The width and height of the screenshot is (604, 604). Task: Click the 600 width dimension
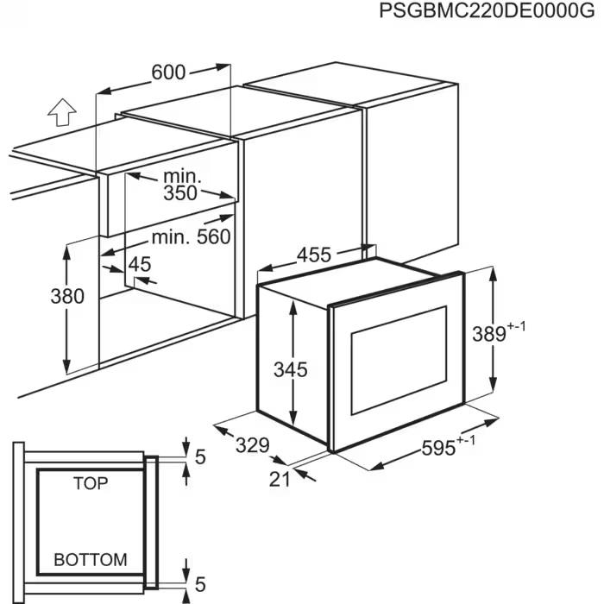point(167,72)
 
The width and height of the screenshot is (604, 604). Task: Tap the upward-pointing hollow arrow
point(60,113)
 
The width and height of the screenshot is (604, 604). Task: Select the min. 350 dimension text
point(181,185)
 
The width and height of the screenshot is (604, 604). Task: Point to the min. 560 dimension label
point(192,236)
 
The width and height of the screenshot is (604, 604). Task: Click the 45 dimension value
point(140,264)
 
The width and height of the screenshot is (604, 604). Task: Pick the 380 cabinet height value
point(66,296)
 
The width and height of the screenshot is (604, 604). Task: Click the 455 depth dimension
point(314,255)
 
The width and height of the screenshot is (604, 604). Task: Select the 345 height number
point(290,369)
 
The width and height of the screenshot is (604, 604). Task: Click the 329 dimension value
point(253,446)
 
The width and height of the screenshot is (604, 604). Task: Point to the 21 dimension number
point(280,479)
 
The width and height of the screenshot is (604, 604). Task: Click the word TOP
point(91,483)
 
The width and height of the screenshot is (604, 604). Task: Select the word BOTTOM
point(91,559)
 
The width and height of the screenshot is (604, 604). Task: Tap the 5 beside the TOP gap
point(200,458)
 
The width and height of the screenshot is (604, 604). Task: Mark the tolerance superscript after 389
point(517,325)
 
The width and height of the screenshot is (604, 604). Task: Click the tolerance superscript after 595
point(467,441)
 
